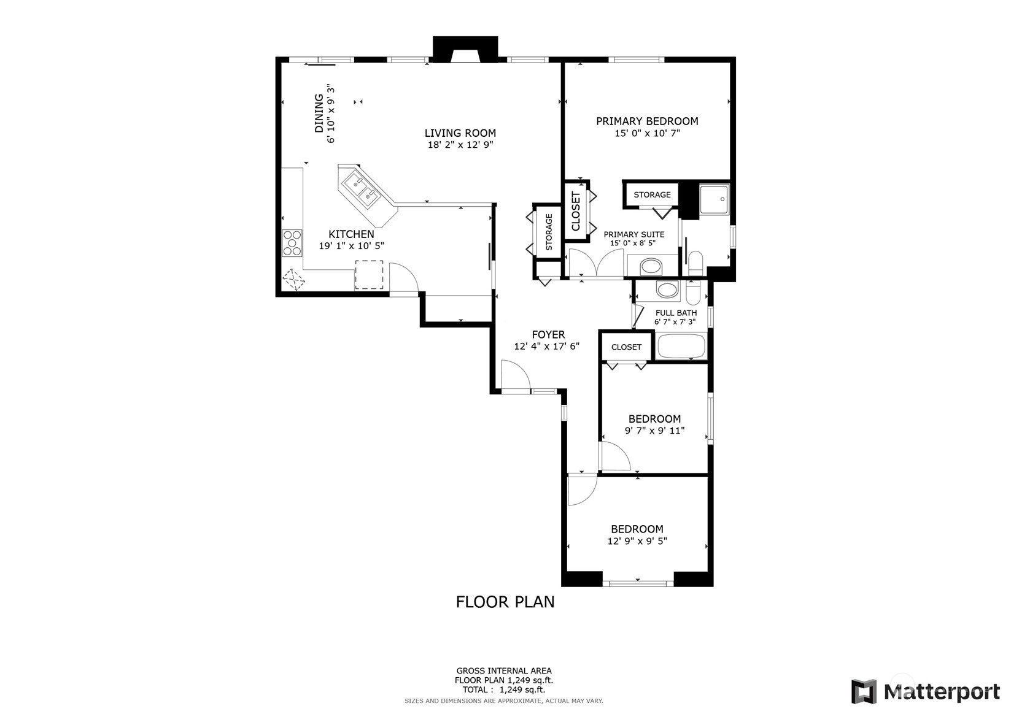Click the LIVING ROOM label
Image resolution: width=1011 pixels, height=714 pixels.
pyautogui.click(x=460, y=133)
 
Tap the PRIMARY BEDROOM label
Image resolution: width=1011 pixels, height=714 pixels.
pyautogui.click(x=647, y=121)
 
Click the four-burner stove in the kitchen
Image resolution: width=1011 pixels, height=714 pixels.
pyautogui.click(x=292, y=243)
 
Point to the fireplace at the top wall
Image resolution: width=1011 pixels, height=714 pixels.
pyautogui.click(x=465, y=49)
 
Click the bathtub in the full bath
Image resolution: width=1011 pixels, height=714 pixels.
pyautogui.click(x=681, y=346)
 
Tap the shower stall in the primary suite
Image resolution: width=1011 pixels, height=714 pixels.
pyautogui.click(x=714, y=199)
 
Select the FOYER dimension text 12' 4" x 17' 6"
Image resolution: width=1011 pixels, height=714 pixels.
pyautogui.click(x=546, y=347)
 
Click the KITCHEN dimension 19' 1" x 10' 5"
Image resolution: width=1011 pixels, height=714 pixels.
pyautogui.click(x=351, y=246)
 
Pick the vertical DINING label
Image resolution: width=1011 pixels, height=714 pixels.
pyautogui.click(x=319, y=113)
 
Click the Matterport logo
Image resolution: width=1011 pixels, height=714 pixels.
pyautogui.click(x=925, y=691)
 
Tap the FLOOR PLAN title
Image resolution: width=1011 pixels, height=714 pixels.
pyautogui.click(x=505, y=602)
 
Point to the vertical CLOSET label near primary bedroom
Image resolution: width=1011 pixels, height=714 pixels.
pyautogui.click(x=576, y=211)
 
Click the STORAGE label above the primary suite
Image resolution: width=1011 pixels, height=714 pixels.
pyautogui.click(x=652, y=195)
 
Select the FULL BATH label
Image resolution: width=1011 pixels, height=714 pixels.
pyautogui.click(x=676, y=313)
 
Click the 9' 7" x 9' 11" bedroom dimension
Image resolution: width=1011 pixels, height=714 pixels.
pyautogui.click(x=654, y=431)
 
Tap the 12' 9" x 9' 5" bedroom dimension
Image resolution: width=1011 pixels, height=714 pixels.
pyautogui.click(x=637, y=541)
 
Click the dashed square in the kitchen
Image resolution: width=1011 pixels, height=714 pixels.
pyautogui.click(x=369, y=275)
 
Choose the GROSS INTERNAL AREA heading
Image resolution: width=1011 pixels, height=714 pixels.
pyautogui.click(x=504, y=670)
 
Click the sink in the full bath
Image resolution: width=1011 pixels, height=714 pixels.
pyautogui.click(x=667, y=290)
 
